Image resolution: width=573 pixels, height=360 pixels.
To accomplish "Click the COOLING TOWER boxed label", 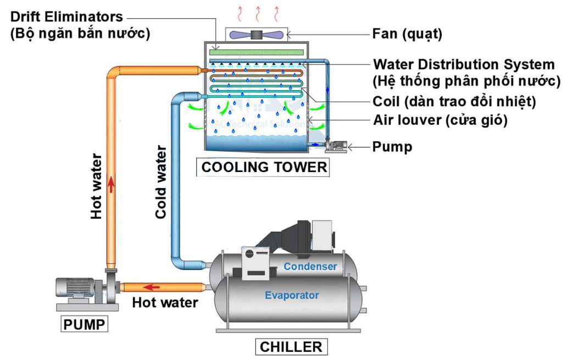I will (264, 167).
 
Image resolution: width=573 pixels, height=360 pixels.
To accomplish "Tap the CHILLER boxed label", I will (291, 347).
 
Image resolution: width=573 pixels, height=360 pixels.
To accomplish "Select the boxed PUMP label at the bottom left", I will (84, 324).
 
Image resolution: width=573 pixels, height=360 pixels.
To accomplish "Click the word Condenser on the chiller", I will (310, 267).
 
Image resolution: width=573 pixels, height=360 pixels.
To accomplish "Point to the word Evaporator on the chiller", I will (292, 295).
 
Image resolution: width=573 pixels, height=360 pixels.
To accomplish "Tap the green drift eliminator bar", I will (257, 52).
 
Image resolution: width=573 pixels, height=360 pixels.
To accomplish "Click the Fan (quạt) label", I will (407, 34).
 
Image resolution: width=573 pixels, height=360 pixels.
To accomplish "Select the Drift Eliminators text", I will (66, 17).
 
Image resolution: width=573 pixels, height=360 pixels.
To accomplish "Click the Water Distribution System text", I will (464, 65).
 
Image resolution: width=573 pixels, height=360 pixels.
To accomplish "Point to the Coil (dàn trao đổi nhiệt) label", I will (454, 102).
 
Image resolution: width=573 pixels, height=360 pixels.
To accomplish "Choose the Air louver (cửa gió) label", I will (440, 120).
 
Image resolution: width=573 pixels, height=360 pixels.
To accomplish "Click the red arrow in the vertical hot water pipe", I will (112, 185).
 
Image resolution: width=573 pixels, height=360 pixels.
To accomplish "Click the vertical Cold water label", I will (160, 182).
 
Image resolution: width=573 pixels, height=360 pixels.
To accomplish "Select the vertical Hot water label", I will (97, 187).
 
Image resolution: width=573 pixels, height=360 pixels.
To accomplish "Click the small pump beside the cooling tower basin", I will (335, 145).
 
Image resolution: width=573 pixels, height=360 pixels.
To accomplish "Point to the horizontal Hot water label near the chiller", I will (165, 302).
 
